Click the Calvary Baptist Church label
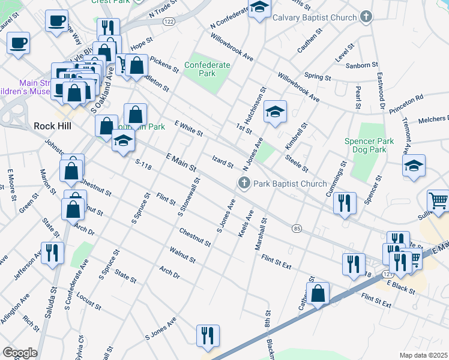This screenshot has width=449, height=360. [x=315, y=17]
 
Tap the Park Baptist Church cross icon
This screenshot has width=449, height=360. [x=244, y=184]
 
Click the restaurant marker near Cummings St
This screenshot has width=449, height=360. [x=345, y=203]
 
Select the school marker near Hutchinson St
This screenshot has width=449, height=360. [x=275, y=112]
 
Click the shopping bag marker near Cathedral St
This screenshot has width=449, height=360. [x=318, y=293]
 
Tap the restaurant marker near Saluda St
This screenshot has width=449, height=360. [x=52, y=253]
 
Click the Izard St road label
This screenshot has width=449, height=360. [x=222, y=160]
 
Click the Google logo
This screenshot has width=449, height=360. [x=20, y=352]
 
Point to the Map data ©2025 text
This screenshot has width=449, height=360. [x=423, y=355]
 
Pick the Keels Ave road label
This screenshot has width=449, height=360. [x=246, y=223]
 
